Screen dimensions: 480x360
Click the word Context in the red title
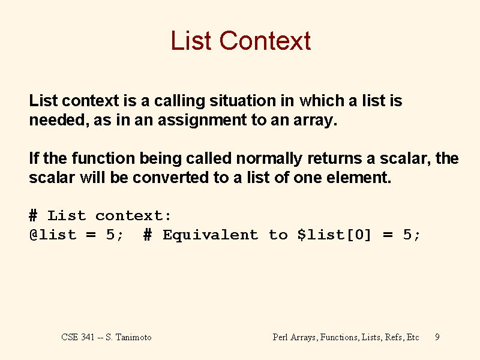coord(265,40)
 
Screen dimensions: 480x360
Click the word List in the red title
coord(191,40)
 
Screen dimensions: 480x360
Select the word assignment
coord(202,121)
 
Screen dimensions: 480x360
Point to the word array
coord(316,121)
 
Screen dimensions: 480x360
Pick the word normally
coord(269,159)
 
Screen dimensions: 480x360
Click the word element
coord(359,177)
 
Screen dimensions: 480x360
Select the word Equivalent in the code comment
coord(211,235)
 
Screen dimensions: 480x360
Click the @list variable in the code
coord(53,235)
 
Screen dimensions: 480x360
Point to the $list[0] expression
coord(334,235)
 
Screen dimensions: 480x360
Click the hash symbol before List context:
coord(33,215)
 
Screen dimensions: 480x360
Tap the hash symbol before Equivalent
coord(148,235)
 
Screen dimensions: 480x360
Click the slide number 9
coord(437,337)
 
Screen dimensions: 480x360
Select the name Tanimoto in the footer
coord(133,337)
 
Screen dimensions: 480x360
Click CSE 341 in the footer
coord(78,337)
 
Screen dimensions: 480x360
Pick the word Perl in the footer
coord(280,337)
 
